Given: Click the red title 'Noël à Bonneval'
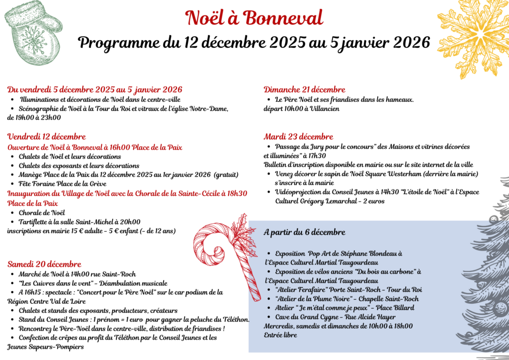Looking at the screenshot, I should tap(254, 18).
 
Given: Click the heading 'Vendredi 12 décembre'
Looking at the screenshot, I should tap(46, 137).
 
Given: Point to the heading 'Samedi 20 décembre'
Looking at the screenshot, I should tap(44, 264).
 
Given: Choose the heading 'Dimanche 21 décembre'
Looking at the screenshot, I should tap(304, 90).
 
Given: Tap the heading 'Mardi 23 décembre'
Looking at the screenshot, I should tap(298, 137).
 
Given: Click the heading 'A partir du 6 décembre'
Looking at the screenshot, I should tap(304, 232).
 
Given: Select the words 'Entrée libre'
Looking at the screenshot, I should tap(280, 335).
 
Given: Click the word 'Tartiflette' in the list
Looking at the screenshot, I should tap(35, 222).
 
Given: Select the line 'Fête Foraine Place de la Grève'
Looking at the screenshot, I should tap(62, 184).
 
